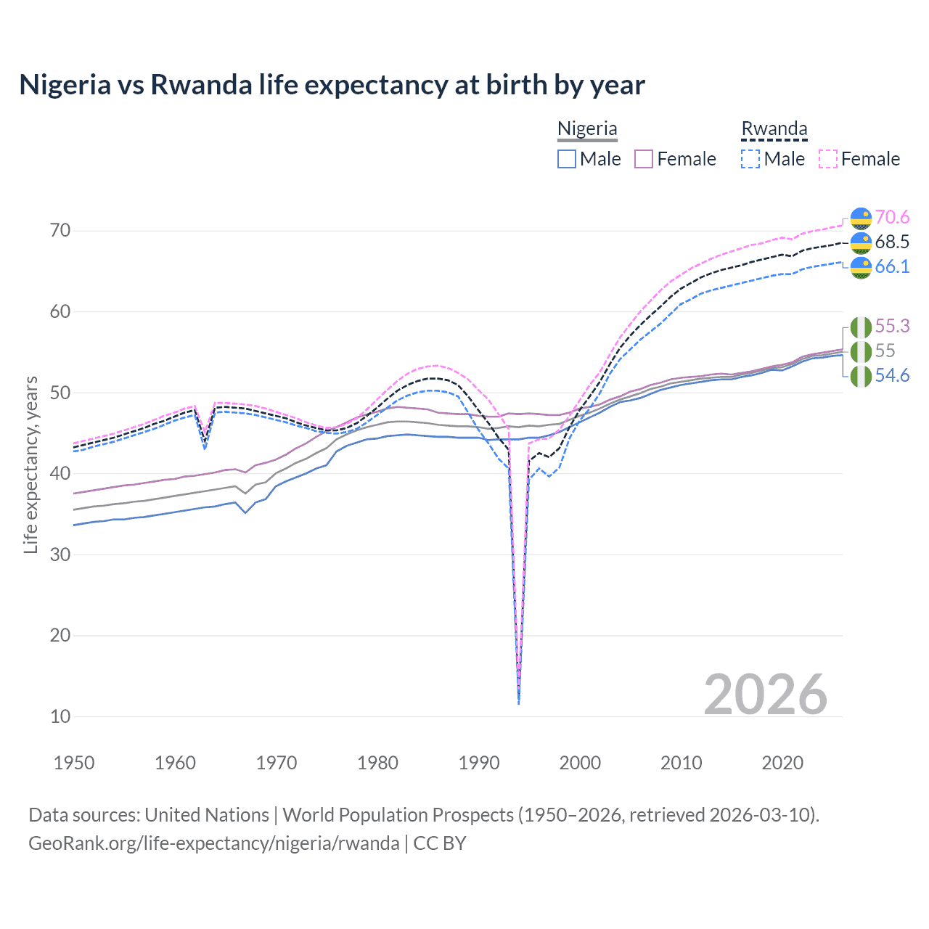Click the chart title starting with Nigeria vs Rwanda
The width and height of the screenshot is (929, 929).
332,85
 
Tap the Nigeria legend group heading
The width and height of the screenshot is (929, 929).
587,128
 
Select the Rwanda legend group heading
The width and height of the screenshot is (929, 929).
774,128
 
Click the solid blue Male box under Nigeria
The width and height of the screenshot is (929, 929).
567,159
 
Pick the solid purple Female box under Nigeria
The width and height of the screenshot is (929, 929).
644,159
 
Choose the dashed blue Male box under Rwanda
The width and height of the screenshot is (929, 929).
750,159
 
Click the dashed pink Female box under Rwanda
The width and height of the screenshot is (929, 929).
828,159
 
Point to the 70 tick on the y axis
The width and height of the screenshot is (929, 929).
60,231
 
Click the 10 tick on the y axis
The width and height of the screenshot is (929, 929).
60,716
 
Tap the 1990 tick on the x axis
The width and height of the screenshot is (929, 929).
479,763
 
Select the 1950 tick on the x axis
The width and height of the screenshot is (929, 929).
74,763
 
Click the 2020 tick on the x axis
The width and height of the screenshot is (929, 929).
782,763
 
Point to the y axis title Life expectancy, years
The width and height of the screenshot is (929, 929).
30,464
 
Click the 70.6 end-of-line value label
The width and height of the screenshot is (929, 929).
892,217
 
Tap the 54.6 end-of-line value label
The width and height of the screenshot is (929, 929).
892,375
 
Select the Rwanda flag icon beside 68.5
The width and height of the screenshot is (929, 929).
861,242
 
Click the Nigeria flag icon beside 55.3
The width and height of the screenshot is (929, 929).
861,327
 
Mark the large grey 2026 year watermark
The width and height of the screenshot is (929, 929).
765,695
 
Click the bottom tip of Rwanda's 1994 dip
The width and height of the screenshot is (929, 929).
518,703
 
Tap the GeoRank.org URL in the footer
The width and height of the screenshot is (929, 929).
213,843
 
